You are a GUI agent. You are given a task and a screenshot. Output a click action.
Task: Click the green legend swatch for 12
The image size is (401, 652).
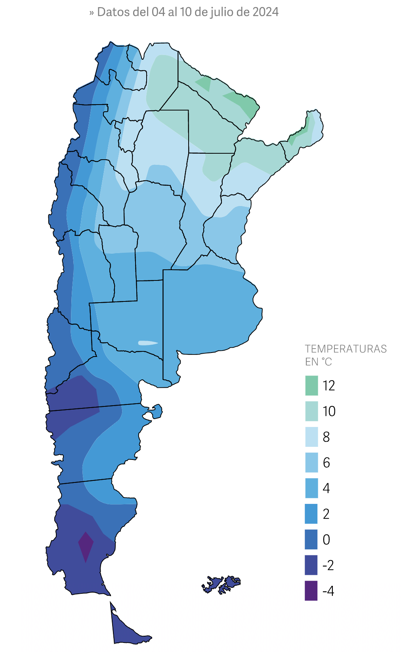(x=311, y=385)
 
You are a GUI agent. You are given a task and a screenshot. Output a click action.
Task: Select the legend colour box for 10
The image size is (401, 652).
(x=311, y=411)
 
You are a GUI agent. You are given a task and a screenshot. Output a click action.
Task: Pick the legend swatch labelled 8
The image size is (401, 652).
(x=311, y=437)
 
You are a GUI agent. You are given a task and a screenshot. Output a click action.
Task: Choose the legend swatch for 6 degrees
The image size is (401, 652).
(x=311, y=463)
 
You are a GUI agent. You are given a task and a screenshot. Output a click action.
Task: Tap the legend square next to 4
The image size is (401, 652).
(x=311, y=488)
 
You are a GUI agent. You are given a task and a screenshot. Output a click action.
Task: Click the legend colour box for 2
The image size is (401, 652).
(x=311, y=514)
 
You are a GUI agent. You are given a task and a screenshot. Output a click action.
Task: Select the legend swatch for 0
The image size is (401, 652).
(x=311, y=540)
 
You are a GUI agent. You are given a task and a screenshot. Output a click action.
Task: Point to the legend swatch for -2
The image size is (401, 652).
(x=311, y=565)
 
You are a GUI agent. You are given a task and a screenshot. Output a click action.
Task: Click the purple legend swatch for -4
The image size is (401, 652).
(x=311, y=591)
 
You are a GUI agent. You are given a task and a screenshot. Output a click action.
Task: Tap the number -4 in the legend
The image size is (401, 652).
(x=328, y=591)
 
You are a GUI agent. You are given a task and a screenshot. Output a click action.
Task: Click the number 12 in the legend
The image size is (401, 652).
(x=328, y=385)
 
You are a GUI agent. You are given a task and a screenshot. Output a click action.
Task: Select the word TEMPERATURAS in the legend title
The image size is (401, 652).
(x=346, y=349)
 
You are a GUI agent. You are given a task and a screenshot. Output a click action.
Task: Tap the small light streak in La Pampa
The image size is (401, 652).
(x=147, y=343)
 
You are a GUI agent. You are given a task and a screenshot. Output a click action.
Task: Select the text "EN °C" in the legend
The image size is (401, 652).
(x=318, y=362)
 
